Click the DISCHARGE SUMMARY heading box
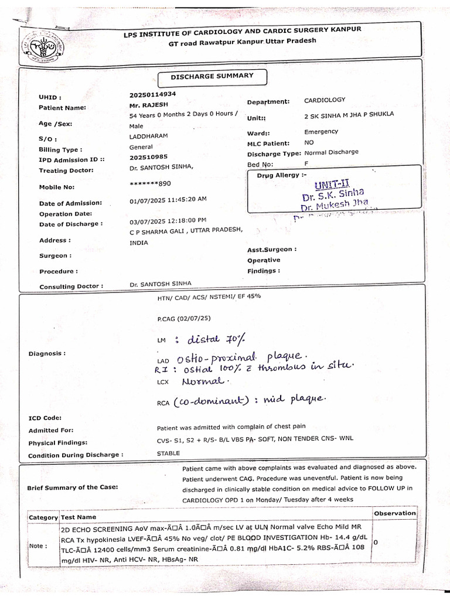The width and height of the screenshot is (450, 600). click(212, 76)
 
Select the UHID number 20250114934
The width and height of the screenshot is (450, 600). click(152, 94)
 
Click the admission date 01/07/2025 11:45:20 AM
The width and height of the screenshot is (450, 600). click(168, 199)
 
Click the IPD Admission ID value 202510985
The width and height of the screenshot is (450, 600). click(148, 156)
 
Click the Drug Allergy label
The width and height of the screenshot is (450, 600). click(281, 175)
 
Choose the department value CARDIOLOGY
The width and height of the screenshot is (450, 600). click(325, 100)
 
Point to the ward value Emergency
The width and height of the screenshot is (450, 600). click(321, 132)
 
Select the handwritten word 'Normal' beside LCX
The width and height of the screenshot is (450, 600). click(203, 381)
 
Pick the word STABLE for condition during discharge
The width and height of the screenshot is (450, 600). click(168, 453)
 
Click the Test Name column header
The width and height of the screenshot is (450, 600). click(78, 517)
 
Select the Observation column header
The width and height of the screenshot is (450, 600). click(394, 513)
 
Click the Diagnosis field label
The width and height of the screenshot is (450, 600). click(47, 354)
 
